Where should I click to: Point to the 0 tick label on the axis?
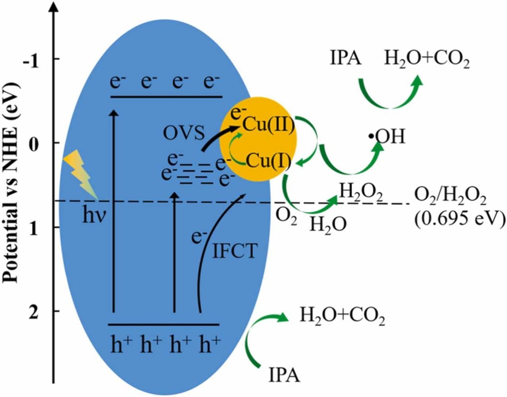(43, 143)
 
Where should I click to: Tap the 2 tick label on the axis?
(43, 311)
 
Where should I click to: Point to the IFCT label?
(235, 251)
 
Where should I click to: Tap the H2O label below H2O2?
(328, 222)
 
